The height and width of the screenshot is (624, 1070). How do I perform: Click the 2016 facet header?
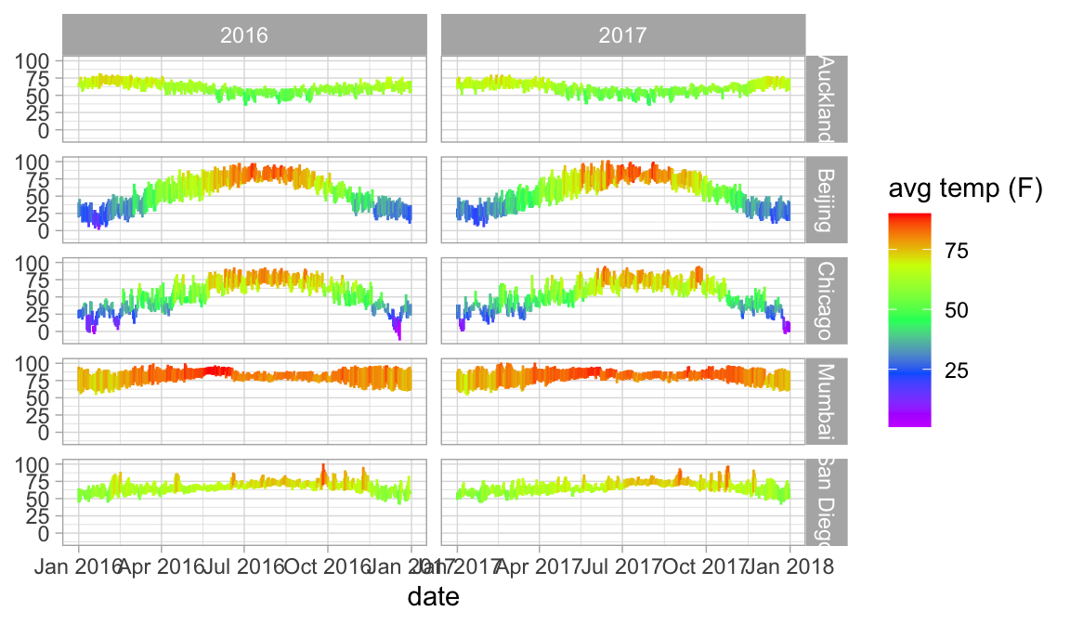(x=244, y=35)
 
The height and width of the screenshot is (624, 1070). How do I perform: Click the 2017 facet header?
(x=622, y=35)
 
